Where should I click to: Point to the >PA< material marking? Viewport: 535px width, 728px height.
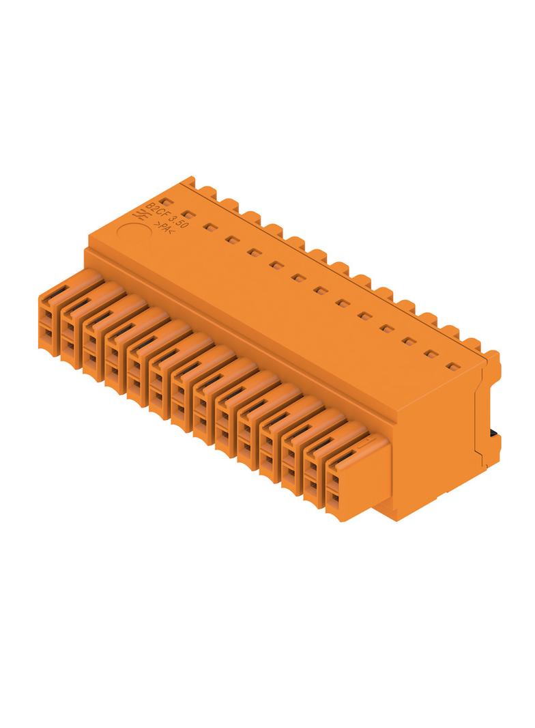[166, 229]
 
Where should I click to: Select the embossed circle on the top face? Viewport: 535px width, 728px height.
[132, 233]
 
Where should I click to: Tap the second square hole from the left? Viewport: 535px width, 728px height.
[188, 214]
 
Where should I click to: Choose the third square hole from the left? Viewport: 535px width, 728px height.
[210, 227]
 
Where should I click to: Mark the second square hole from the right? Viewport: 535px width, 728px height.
[430, 354]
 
